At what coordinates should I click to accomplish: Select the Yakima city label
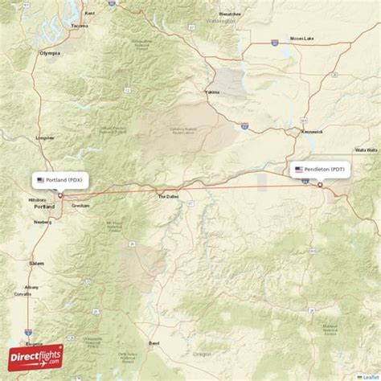212,92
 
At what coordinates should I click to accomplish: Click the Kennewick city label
312,131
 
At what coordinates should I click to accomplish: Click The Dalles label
168,196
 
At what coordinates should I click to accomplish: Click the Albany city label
31,287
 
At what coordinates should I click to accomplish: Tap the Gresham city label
80,206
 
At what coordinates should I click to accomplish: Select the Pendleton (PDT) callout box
321,170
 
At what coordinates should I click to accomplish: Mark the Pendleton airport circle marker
320,185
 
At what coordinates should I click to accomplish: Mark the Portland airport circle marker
59,195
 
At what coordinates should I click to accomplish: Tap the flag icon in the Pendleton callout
299,170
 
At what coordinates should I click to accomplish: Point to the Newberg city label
42,221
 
